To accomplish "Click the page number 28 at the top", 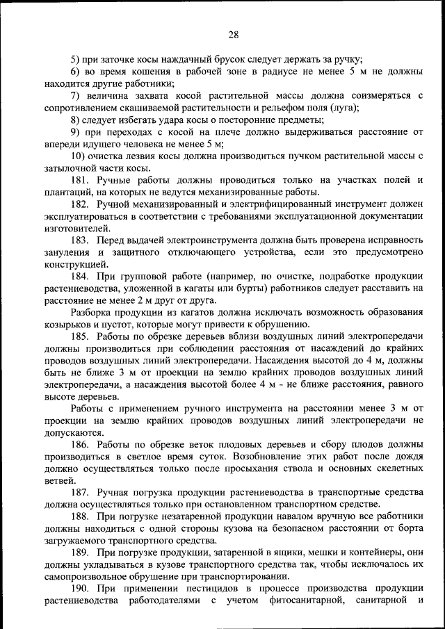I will click(x=233, y=35).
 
